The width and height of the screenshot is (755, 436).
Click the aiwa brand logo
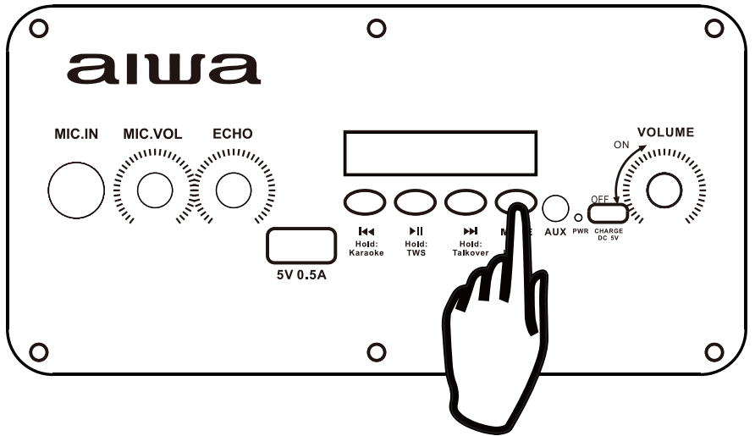[164, 69]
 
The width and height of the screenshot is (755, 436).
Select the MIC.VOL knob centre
[154, 190]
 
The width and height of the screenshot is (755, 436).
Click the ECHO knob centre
[233, 190]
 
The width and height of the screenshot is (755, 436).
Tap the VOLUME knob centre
[664, 190]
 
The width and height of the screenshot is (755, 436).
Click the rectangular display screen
[440, 153]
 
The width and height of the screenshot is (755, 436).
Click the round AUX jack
[555, 207]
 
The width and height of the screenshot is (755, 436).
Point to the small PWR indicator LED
[579, 216]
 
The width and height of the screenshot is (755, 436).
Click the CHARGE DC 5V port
[609, 213]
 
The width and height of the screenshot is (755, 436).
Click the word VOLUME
[665, 132]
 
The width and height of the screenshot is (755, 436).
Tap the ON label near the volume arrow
[621, 145]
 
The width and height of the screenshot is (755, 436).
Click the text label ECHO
[232, 134]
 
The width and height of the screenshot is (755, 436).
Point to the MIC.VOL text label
[154, 134]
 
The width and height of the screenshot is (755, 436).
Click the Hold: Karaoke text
[366, 248]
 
